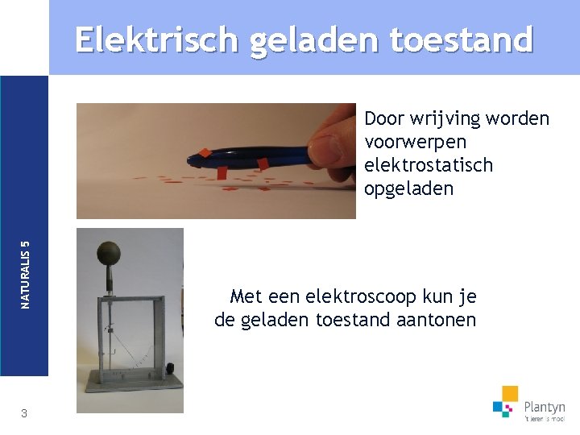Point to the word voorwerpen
point(415,142)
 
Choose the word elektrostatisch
point(429,165)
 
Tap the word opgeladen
point(408,189)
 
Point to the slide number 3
point(24,413)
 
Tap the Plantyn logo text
point(544,408)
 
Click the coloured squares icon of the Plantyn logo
point(506,401)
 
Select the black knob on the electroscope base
point(171,368)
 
